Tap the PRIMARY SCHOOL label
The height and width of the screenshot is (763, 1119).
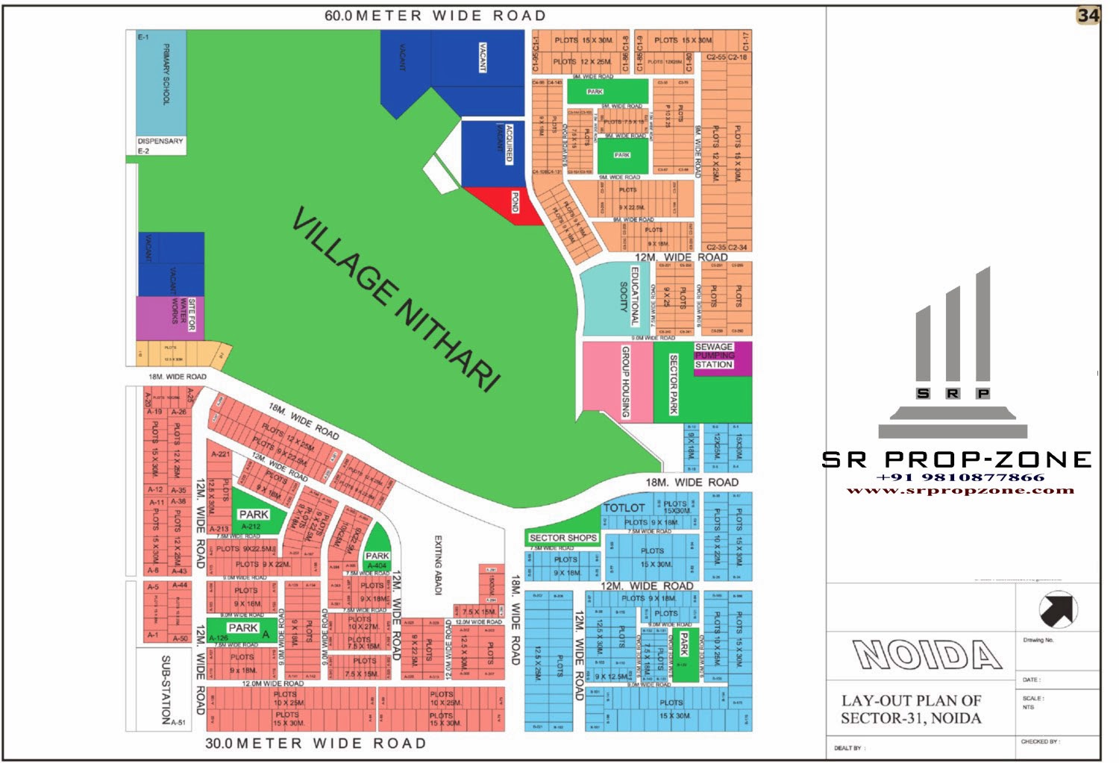tap(166, 74)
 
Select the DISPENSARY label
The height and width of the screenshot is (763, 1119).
tap(160, 141)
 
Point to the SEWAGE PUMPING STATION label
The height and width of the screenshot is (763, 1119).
tap(714, 356)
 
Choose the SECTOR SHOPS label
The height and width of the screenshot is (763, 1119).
tap(562, 538)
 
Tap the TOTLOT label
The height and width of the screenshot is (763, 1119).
tap(624, 508)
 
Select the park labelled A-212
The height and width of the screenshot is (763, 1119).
tap(254, 515)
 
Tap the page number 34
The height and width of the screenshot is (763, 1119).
tap(1088, 16)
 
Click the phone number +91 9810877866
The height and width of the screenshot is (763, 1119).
tap(960, 477)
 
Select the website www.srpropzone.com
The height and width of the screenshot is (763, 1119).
tap(960, 491)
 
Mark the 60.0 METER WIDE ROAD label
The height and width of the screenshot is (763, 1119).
tap(435, 16)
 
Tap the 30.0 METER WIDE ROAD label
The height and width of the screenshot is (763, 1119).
tap(316, 744)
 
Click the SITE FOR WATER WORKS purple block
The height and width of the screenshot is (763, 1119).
tap(169, 317)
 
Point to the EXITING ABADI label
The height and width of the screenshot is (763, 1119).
tap(438, 565)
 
